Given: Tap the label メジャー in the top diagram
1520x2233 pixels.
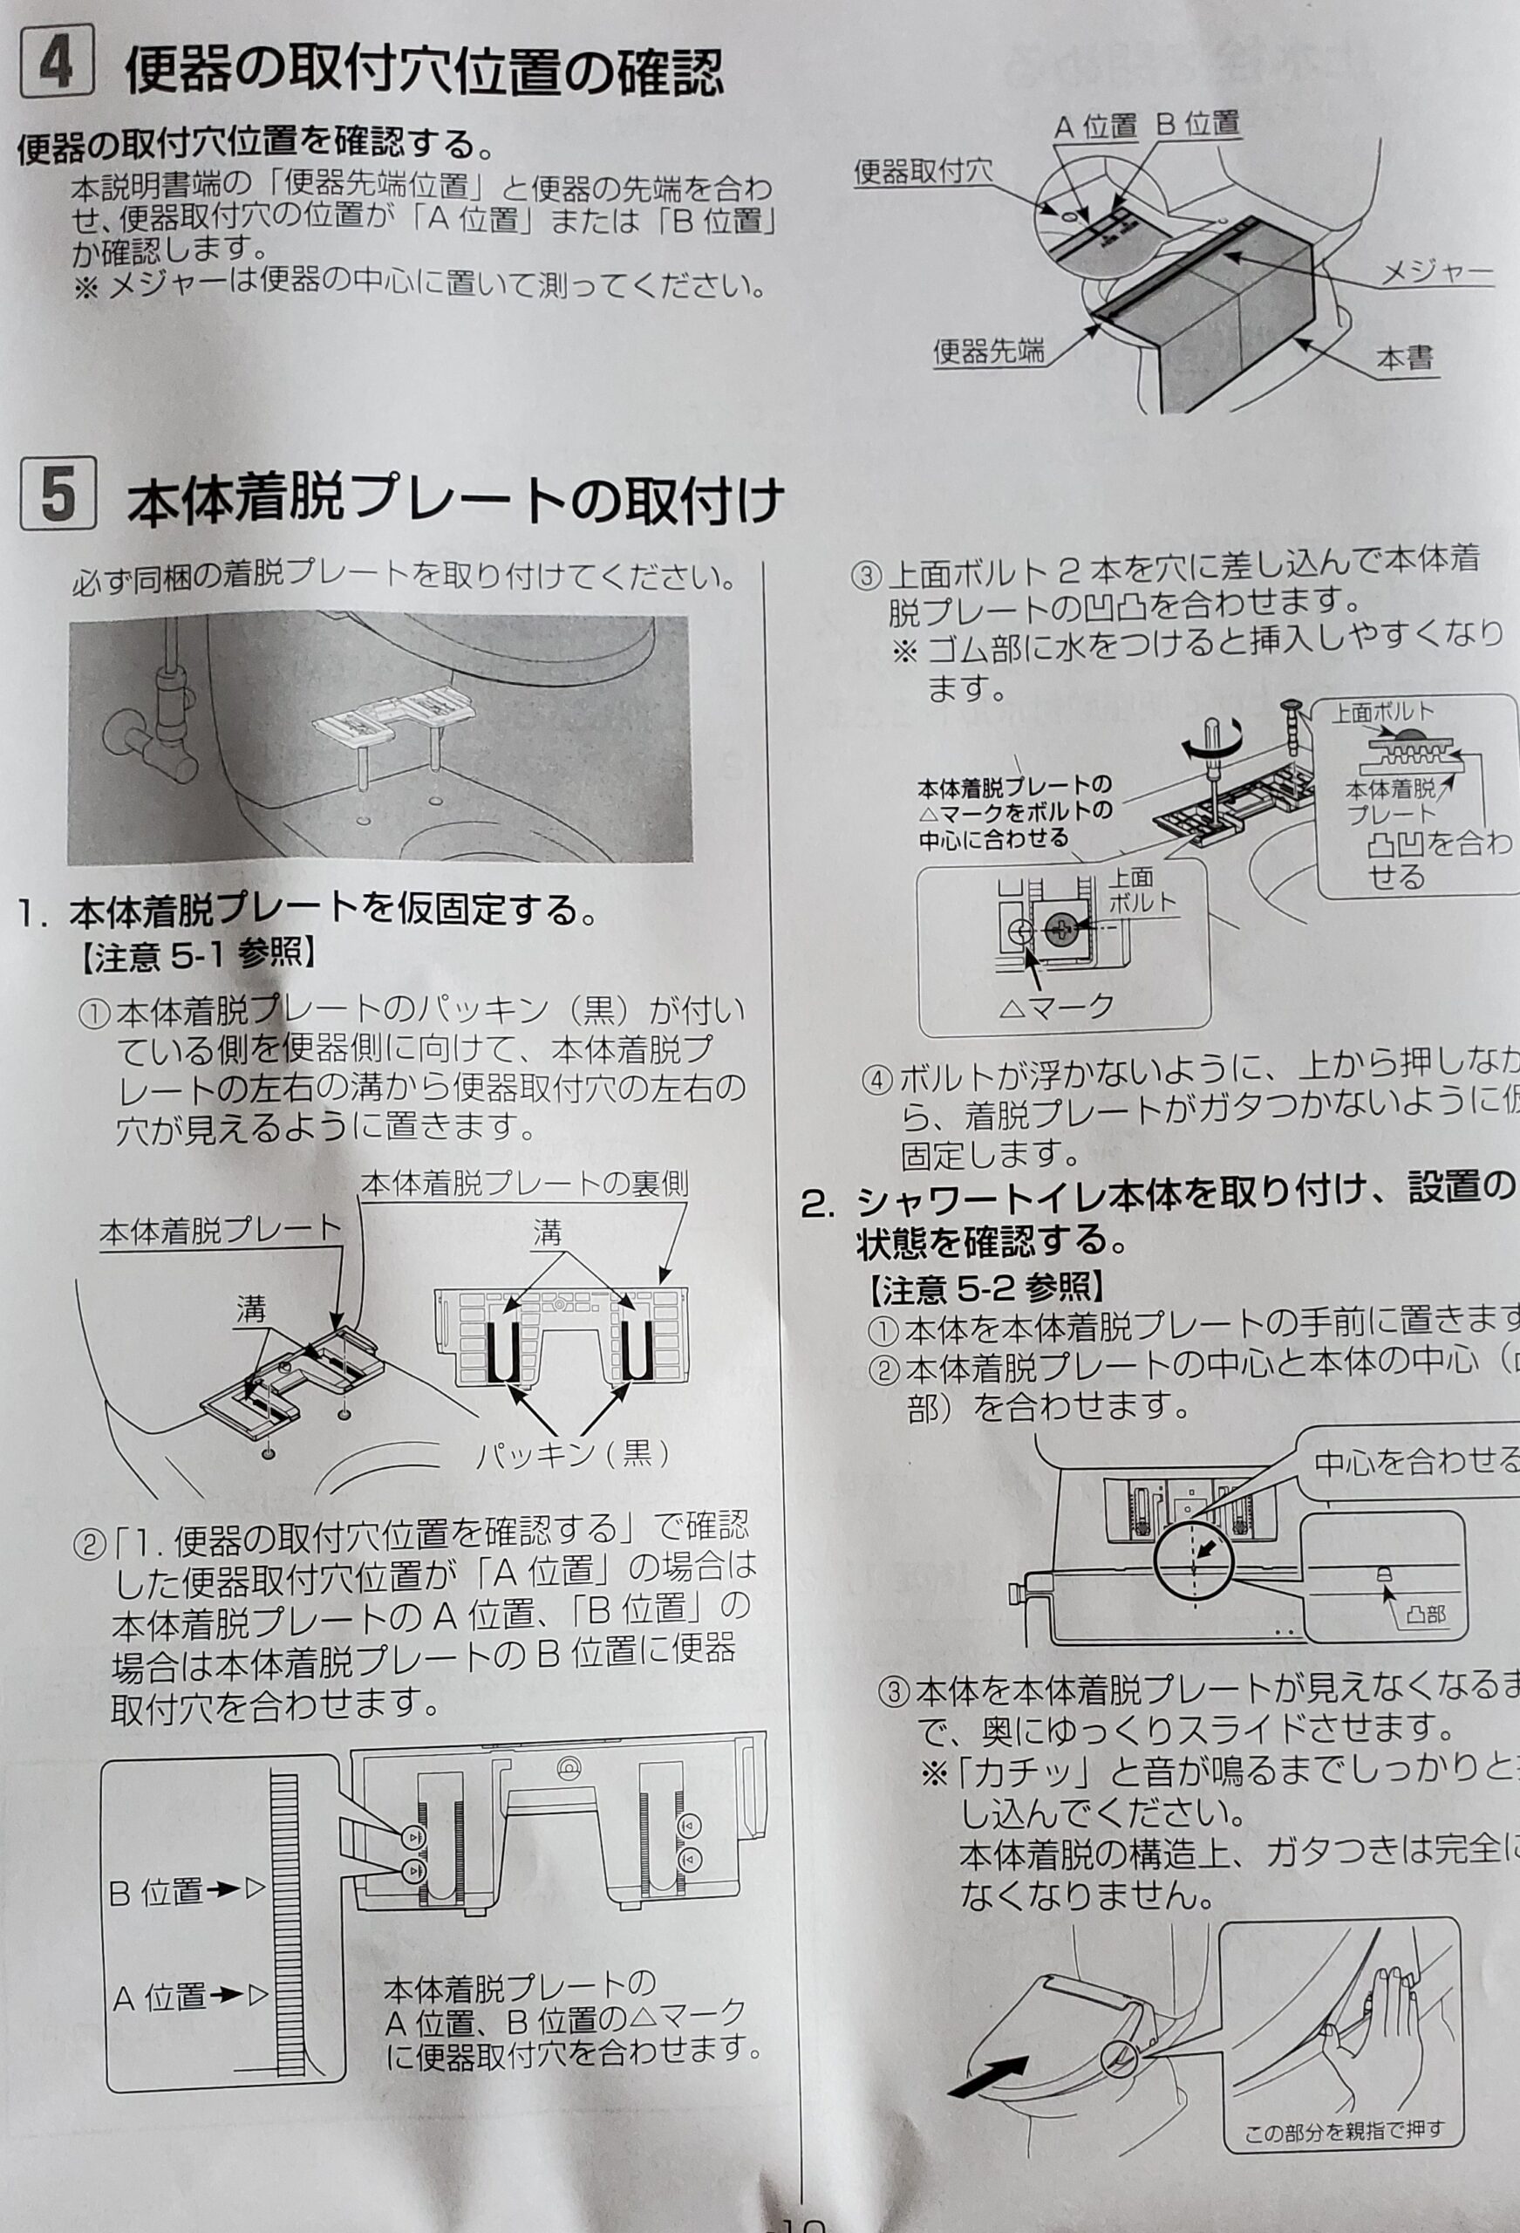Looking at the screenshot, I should (x=1436, y=274).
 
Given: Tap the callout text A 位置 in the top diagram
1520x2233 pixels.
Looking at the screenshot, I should (x=1095, y=126).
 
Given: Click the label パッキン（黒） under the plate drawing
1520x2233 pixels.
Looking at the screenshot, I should (x=574, y=1454).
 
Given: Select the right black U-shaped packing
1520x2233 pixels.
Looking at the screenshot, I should (x=635, y=1350).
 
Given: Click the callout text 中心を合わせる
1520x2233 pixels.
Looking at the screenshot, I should (x=1415, y=1464).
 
